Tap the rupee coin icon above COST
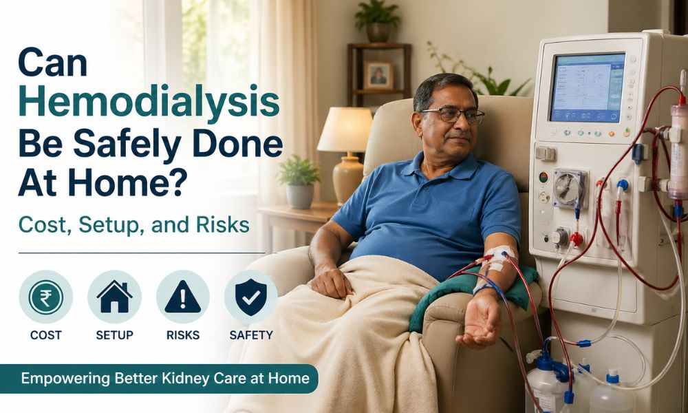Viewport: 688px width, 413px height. click(x=46, y=297)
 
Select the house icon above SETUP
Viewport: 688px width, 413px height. click(x=114, y=297)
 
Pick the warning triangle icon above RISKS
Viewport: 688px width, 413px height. click(x=182, y=297)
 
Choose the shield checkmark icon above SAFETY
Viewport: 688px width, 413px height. click(x=250, y=297)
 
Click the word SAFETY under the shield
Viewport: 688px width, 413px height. click(x=250, y=335)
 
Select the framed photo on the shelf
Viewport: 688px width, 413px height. click(x=378, y=74)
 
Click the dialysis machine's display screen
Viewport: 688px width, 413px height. click(x=587, y=87)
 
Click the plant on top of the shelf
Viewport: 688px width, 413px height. click(x=377, y=21)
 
